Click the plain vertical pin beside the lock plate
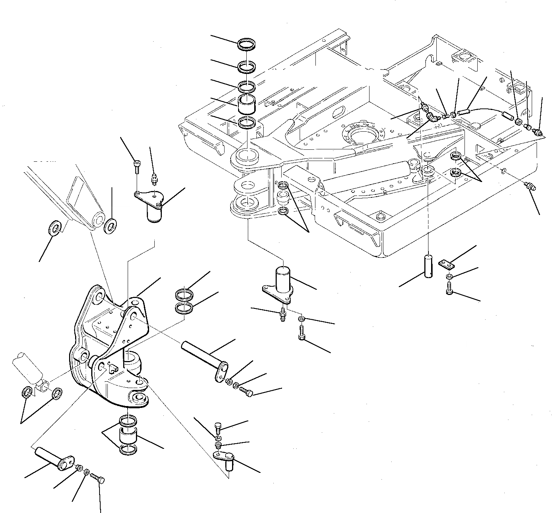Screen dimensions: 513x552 (x=428, y=266)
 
